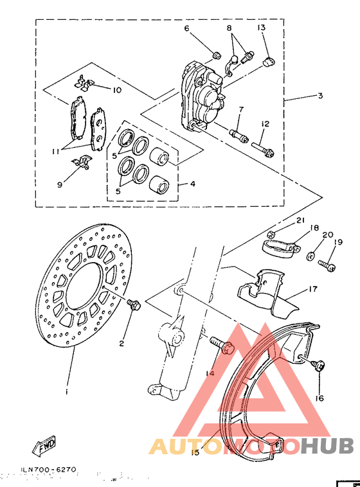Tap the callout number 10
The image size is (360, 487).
click(117, 90)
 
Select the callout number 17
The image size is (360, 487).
click(314, 289)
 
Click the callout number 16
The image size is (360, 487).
click(319, 398)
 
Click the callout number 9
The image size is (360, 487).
click(60, 184)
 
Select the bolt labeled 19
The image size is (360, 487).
click(327, 263)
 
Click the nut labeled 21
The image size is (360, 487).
click(272, 234)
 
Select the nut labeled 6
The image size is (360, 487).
click(217, 53)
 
